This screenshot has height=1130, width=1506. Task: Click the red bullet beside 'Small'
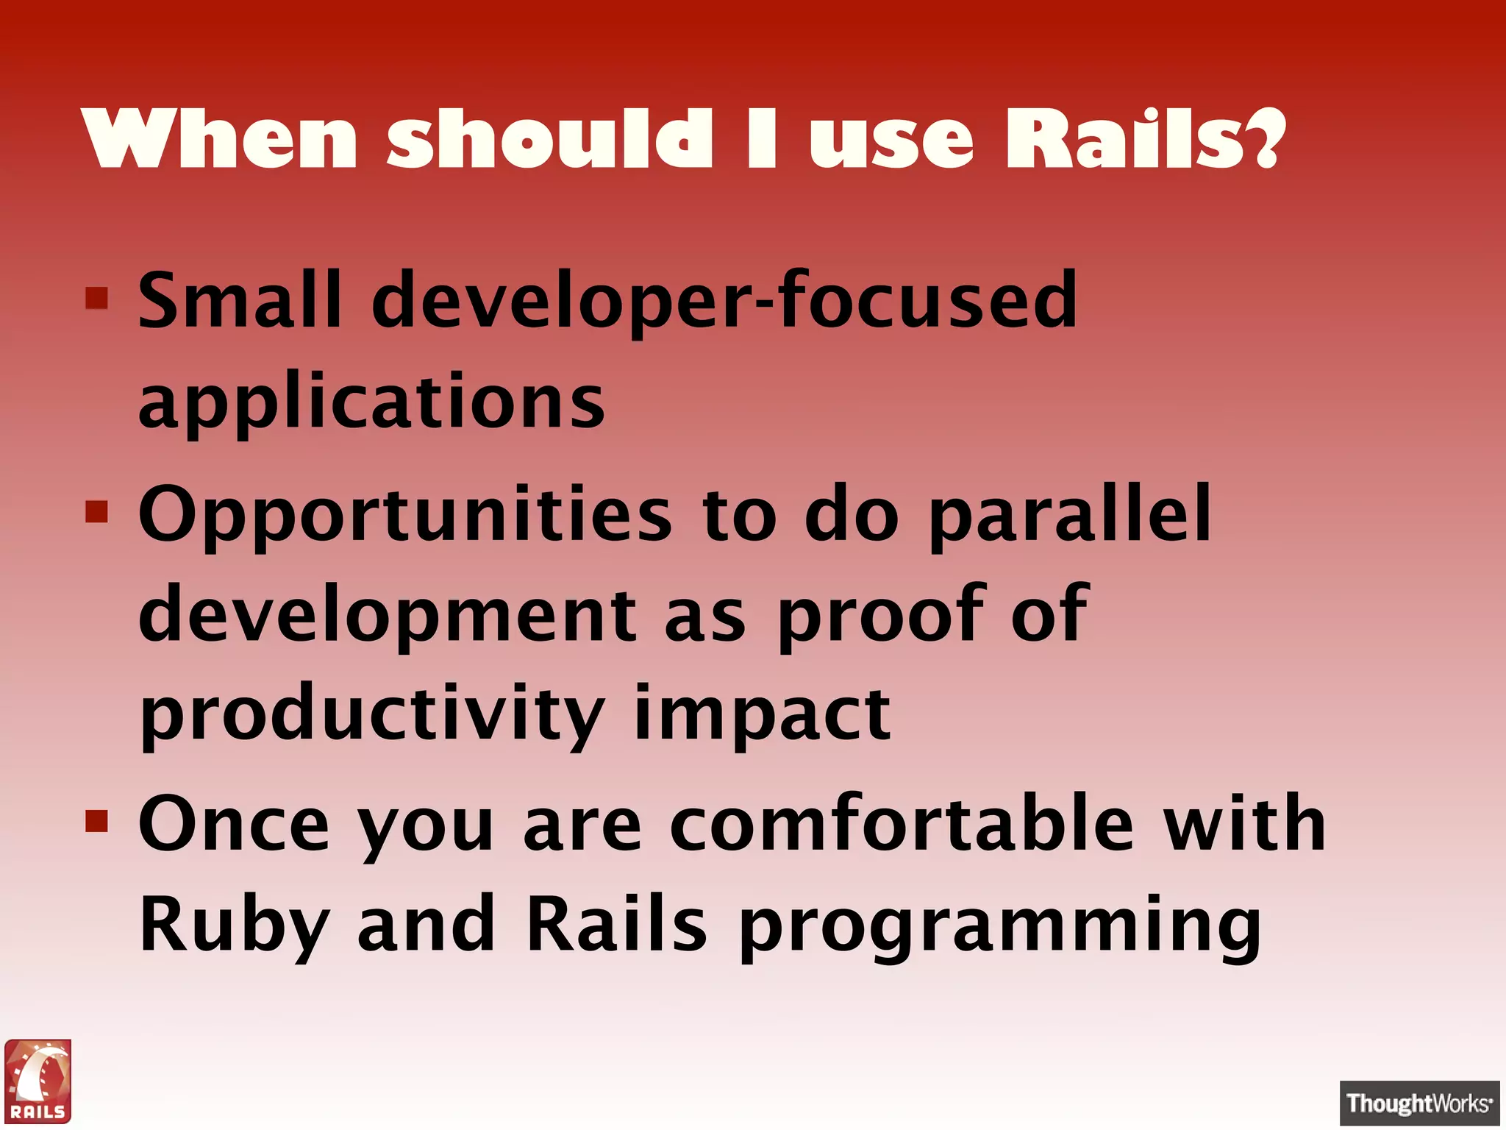click(x=97, y=298)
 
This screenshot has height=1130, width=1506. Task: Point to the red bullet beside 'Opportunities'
click(x=97, y=511)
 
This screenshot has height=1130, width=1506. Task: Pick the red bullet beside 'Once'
click(x=97, y=820)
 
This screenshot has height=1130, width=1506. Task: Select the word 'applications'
click(x=371, y=402)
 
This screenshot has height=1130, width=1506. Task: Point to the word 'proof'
click(x=879, y=614)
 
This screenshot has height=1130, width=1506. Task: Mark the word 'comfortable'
click(x=902, y=824)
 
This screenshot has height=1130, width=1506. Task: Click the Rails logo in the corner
click(x=38, y=1081)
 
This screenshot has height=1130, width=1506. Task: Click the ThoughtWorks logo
click(x=1418, y=1103)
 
